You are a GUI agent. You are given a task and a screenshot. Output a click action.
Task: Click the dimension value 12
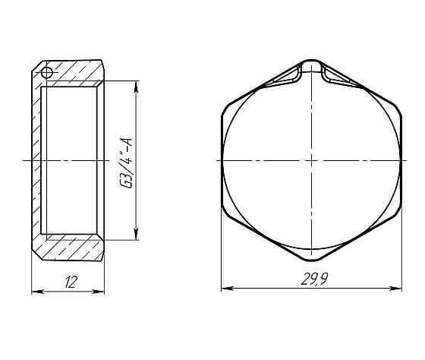[x=71, y=283]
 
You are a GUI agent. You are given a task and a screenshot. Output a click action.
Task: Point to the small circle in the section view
[x=46, y=73]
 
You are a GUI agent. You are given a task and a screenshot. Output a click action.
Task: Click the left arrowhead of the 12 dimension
[x=34, y=290]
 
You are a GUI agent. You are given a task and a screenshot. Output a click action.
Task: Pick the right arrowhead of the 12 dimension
[x=102, y=290]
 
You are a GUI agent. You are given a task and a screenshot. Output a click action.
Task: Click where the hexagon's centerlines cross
[x=311, y=161]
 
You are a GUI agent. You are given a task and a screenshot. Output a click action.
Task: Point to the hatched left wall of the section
[x=36, y=161]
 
